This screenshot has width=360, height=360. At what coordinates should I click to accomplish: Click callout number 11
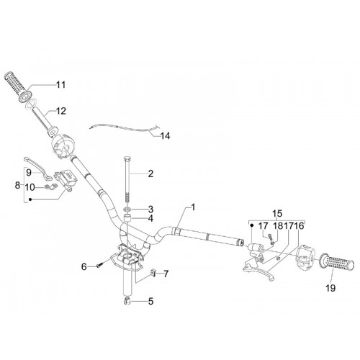60,85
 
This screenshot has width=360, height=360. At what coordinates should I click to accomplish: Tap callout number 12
60,111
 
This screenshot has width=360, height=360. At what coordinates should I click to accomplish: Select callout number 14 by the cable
165,136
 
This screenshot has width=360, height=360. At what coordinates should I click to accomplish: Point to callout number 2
150,174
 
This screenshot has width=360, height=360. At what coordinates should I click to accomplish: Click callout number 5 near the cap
150,302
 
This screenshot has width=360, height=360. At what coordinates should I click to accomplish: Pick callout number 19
330,288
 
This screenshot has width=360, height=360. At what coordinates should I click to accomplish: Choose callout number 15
277,213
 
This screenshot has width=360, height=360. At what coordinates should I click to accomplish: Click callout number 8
17,185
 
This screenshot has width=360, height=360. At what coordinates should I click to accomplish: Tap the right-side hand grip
337,263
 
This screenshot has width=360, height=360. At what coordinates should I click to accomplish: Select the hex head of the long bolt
127,159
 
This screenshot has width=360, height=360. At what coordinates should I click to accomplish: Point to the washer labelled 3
127,210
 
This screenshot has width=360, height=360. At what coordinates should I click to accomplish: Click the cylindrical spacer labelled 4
127,219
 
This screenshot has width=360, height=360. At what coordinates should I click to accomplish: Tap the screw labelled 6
100,265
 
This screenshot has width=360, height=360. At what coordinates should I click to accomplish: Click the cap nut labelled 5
127,301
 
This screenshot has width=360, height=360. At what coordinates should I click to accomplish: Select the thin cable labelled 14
125,127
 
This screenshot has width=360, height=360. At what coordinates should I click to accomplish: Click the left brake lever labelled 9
38,167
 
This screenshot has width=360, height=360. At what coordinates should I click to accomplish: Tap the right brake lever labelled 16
259,271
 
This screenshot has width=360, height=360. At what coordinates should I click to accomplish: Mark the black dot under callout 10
30,199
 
